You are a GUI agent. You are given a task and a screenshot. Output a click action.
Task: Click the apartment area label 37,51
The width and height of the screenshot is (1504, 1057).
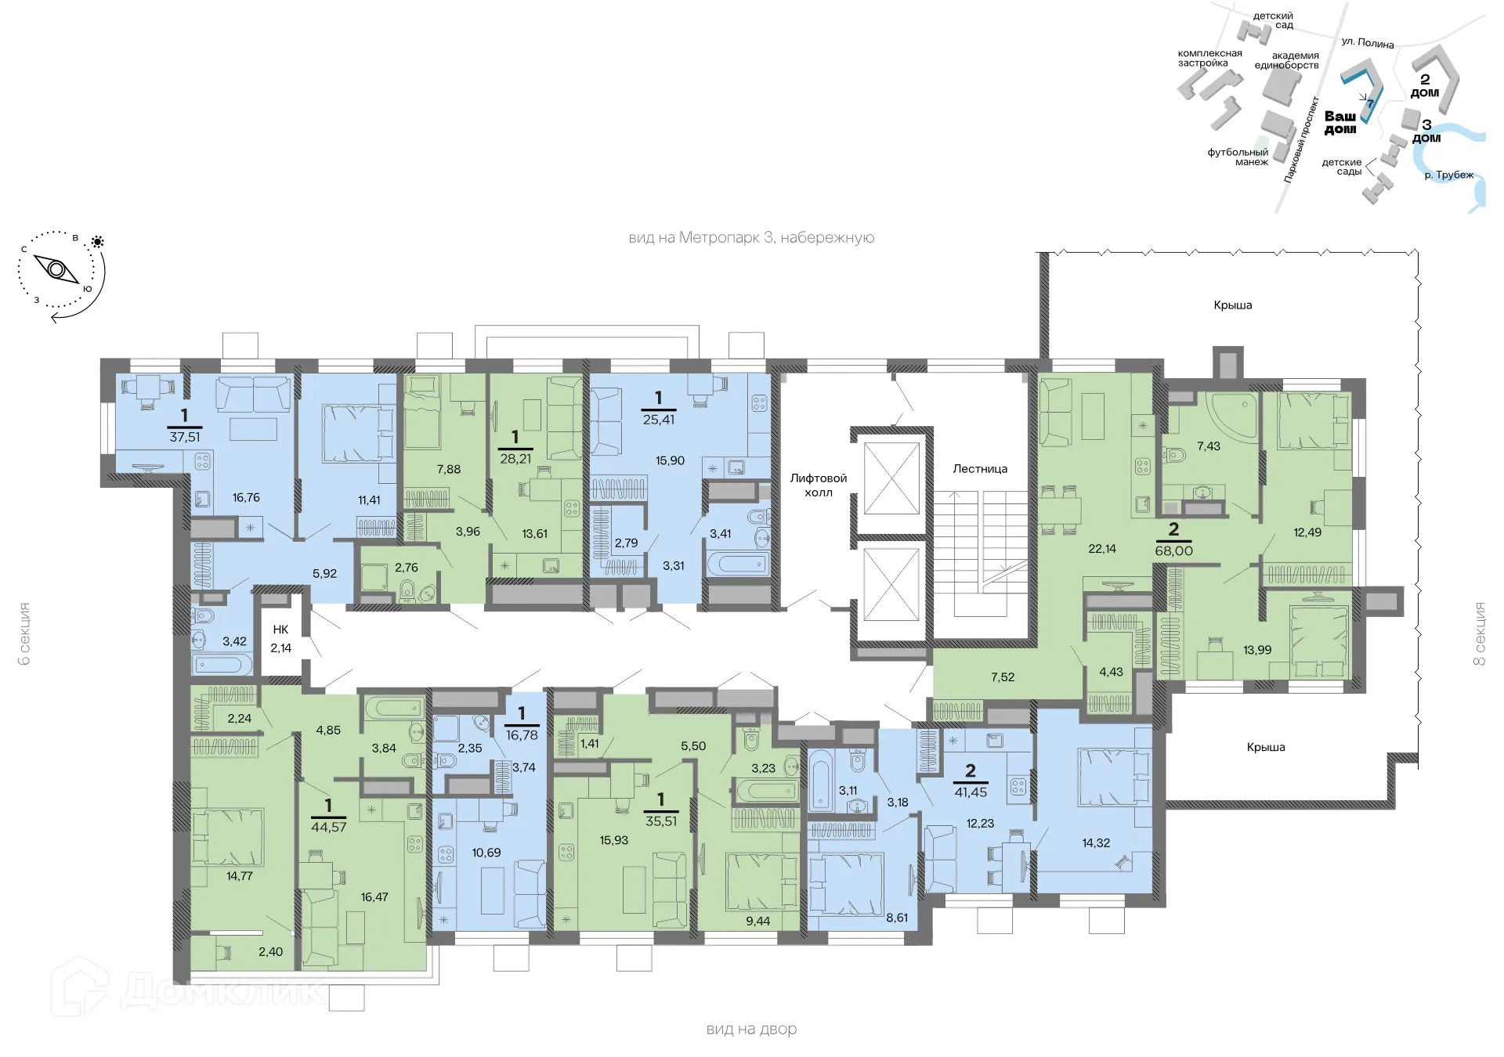tap(185, 437)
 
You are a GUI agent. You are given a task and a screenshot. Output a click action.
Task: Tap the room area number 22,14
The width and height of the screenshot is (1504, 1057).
tap(1101, 549)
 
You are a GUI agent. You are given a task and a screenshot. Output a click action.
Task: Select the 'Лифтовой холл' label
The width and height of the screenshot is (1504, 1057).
tap(819, 485)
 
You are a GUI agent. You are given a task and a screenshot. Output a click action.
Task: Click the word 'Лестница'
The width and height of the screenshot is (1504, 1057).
tap(980, 469)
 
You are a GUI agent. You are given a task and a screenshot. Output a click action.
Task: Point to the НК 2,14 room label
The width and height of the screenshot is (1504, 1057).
tap(280, 638)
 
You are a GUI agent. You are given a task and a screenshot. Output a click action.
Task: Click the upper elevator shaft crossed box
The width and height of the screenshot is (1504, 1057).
tap(891, 478)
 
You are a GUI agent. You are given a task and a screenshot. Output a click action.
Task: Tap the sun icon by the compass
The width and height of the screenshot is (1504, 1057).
tap(98, 242)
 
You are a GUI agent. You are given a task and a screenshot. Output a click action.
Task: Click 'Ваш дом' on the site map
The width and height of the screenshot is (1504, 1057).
tap(1340, 122)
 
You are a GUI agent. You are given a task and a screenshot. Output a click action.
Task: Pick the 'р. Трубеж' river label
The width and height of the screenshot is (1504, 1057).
tap(1448, 175)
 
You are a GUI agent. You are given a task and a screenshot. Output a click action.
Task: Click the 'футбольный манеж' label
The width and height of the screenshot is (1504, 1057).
tap(1238, 157)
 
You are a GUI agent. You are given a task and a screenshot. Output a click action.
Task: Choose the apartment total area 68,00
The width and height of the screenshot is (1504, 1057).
tap(1173, 551)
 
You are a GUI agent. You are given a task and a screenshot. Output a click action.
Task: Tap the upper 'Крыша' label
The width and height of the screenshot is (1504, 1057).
tap(1232, 305)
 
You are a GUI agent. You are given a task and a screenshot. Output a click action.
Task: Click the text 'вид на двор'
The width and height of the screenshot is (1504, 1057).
tap(751, 1029)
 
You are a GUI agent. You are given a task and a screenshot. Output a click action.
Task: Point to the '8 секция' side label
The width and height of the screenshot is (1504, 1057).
tap(1479, 633)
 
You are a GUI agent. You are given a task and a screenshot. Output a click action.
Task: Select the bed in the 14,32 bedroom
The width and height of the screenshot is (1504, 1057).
tap(1112, 777)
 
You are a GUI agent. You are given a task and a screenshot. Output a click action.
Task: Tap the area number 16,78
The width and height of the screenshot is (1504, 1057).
tap(522, 735)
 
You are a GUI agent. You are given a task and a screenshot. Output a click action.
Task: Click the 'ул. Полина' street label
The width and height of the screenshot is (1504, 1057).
tap(1367, 42)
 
